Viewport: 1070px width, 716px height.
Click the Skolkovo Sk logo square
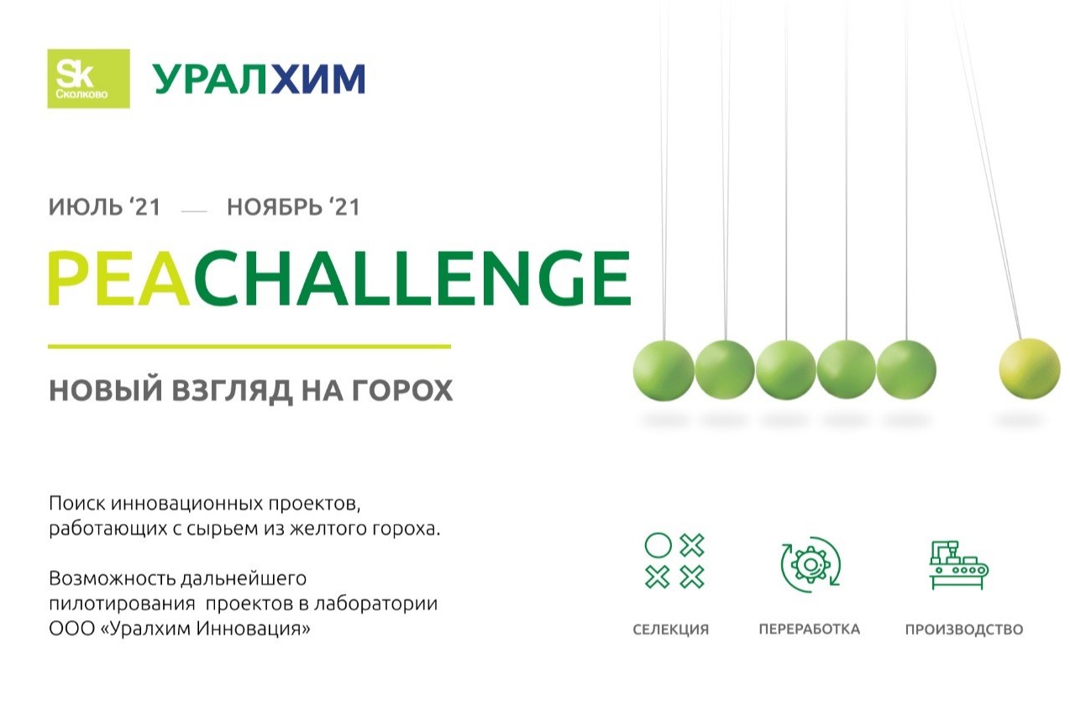88,78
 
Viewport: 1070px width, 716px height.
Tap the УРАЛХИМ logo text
259,79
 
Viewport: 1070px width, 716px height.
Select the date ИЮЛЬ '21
104,207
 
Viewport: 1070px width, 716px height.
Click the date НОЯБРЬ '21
293,207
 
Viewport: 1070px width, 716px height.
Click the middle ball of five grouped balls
785,370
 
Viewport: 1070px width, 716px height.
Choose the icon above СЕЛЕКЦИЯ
674,560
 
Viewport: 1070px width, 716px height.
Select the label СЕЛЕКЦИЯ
670,630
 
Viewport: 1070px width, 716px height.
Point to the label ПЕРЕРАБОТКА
809,630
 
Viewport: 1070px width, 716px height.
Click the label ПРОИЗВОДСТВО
963,630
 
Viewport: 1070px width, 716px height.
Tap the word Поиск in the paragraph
75,504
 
